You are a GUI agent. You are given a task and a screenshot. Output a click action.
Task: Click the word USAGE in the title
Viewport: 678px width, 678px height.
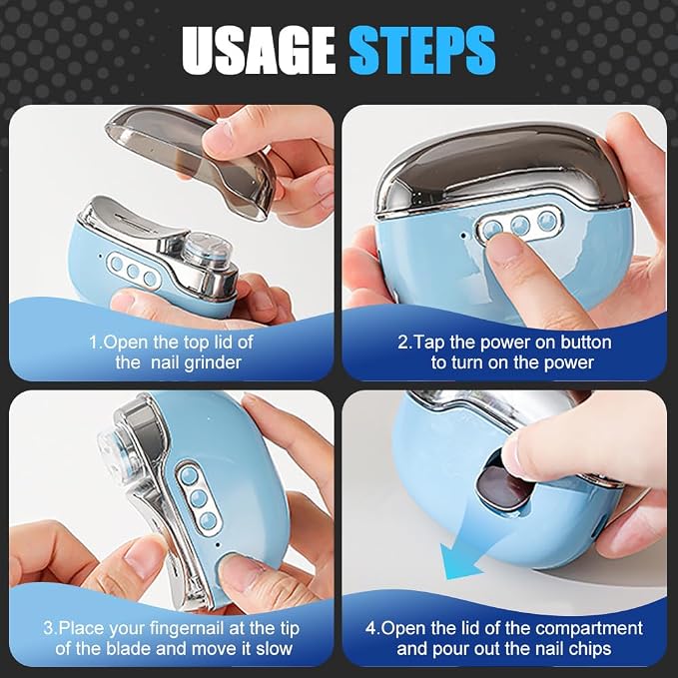pos(259,51)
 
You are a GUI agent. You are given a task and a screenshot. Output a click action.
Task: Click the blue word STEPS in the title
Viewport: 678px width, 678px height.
pos(422,51)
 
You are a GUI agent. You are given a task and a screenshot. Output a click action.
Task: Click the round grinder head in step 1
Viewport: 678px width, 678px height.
pos(207,250)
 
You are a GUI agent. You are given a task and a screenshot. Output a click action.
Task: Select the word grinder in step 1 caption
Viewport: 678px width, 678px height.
pos(213,362)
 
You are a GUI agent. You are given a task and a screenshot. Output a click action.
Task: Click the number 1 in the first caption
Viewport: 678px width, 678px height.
pos(94,342)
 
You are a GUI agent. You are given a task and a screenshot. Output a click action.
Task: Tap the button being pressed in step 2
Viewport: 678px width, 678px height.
pos(493,228)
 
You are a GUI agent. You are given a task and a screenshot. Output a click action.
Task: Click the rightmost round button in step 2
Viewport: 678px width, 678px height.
pos(547,221)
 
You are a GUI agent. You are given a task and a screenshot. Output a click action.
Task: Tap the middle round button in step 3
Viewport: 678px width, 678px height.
pos(198,498)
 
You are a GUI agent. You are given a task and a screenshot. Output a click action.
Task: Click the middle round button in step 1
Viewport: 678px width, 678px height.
pos(133,272)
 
